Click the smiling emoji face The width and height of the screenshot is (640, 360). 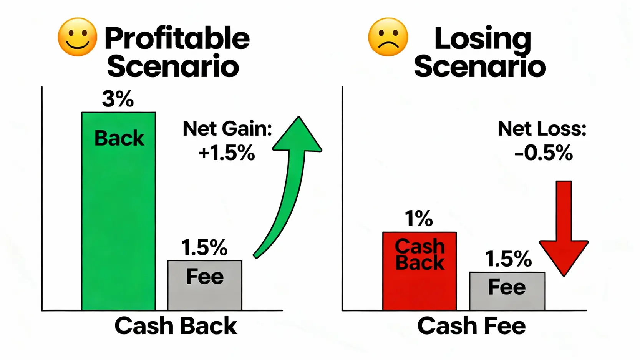point(78,37)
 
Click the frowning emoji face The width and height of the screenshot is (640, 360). point(388,37)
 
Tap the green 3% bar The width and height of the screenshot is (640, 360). point(119,211)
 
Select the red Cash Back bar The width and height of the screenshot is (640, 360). point(420,271)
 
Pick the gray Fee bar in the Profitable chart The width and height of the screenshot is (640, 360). point(205,285)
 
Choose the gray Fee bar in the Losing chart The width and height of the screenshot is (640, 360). point(507,291)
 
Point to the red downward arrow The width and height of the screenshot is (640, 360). point(564,229)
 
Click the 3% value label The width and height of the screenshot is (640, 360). point(118,99)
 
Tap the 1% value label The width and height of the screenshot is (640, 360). point(419,219)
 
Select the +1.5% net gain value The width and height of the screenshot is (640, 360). point(227,153)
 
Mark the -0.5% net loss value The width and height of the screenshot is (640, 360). point(544,153)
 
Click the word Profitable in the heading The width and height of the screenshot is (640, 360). point(177,38)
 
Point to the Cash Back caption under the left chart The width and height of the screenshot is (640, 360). point(176,326)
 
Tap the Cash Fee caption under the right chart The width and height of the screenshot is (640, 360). point(471,326)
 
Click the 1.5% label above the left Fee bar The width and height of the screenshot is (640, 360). point(204,247)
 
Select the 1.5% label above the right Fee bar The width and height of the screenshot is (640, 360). point(508,259)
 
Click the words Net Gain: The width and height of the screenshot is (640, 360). point(227,129)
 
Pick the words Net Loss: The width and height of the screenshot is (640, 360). point(542,129)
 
